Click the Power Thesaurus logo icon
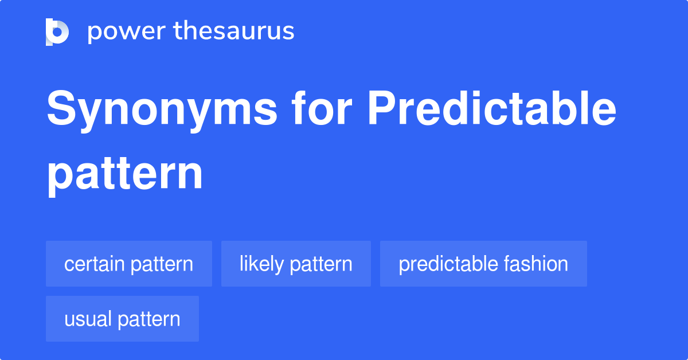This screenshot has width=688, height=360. tap(57, 32)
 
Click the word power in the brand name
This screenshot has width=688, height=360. tap(127, 32)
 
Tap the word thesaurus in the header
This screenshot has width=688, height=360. tap(234, 30)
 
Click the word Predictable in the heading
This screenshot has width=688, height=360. tap(492, 108)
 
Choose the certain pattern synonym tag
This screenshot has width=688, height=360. tap(129, 264)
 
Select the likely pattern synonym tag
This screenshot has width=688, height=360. tap(296, 264)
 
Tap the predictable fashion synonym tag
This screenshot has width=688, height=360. tap(483, 264)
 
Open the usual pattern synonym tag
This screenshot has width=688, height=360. tap(122, 319)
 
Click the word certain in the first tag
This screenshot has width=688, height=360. tap(94, 264)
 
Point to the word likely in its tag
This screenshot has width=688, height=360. tap(261, 264)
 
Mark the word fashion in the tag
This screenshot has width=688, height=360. tap(535, 264)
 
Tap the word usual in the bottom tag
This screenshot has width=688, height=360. tap(88, 319)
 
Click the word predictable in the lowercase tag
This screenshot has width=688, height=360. tap(448, 264)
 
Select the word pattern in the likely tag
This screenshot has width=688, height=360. tap(321, 265)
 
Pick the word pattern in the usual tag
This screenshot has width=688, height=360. tap(149, 320)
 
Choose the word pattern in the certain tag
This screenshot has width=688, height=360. tap(162, 265)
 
